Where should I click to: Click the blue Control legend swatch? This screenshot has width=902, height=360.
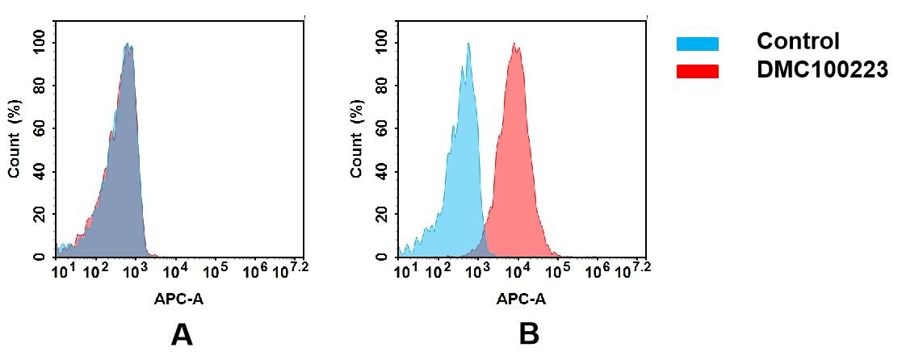[697, 44]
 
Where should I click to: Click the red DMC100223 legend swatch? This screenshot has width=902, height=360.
[697, 71]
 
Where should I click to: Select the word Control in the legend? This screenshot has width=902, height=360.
[798, 41]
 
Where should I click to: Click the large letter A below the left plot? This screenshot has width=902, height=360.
[182, 333]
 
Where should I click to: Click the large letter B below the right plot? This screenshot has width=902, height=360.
[528, 333]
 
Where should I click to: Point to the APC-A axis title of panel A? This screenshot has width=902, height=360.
[178, 299]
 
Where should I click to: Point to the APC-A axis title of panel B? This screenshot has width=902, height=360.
[522, 299]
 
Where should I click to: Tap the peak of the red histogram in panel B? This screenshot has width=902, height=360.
[515, 45]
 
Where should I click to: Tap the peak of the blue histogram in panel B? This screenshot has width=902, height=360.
[468, 44]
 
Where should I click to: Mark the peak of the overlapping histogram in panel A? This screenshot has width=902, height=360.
[128, 45]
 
